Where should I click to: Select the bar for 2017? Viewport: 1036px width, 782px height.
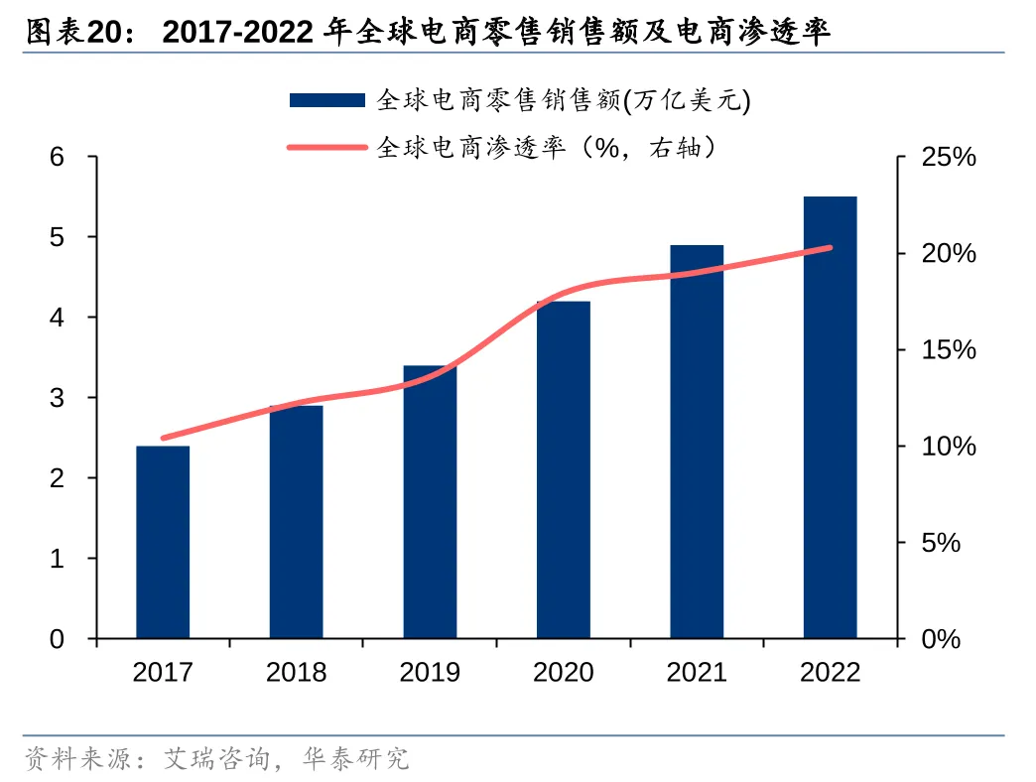point(163,542)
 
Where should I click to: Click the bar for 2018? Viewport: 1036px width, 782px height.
point(296,522)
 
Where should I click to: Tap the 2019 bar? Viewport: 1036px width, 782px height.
point(430,502)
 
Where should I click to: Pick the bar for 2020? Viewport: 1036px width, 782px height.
point(564,469)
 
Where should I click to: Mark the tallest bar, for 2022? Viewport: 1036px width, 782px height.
point(830,417)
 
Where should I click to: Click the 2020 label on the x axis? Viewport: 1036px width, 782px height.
point(564,672)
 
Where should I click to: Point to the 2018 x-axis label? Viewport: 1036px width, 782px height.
point(296,672)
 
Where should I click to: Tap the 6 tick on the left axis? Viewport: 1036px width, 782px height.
point(57,157)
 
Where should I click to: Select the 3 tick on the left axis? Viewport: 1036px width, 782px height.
point(57,398)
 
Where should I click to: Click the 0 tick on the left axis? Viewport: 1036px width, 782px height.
point(57,639)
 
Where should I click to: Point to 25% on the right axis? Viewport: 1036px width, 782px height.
point(949,158)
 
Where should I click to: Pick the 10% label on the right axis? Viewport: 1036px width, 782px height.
point(949,447)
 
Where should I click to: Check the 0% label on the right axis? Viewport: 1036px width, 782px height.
point(942,640)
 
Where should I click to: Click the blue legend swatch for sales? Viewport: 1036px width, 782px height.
point(328,99)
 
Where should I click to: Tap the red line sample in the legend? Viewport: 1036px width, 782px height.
point(328,148)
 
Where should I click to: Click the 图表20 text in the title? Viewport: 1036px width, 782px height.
point(71,34)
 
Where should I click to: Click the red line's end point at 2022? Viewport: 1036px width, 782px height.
point(830,247)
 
